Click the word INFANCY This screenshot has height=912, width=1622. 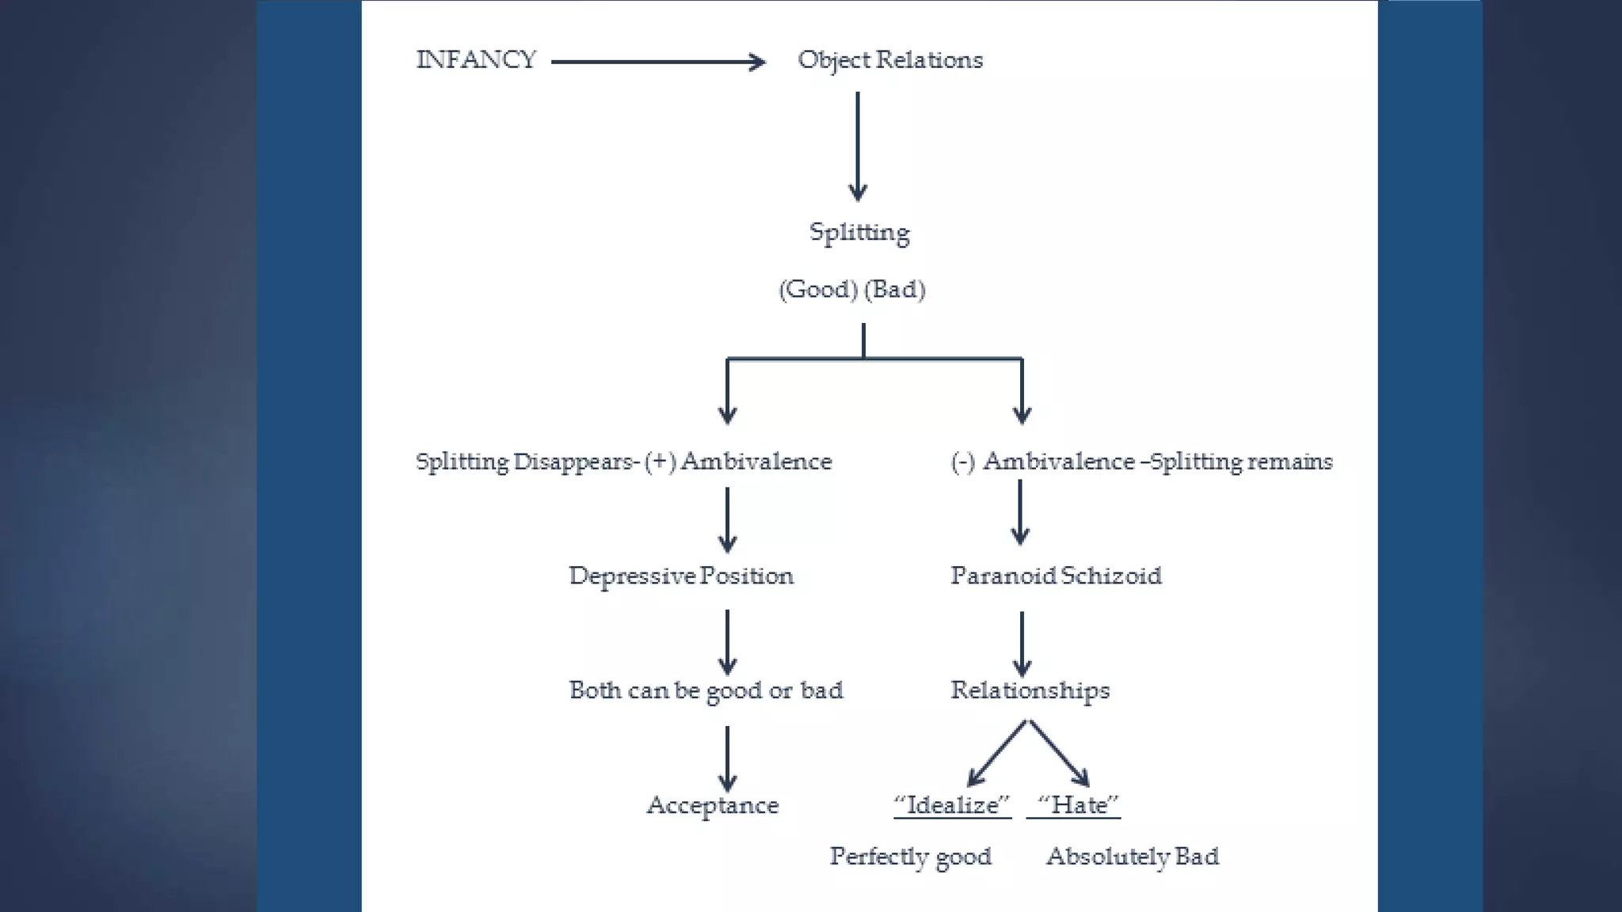pyautogui.click(x=476, y=60)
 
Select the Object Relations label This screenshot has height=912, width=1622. pyautogui.click(x=889, y=60)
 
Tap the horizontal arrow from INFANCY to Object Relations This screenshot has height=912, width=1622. pyautogui.click(x=657, y=62)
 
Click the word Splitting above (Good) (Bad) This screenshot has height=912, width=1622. pyautogui.click(x=859, y=232)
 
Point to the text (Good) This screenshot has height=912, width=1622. pyautogui.click(x=818, y=289)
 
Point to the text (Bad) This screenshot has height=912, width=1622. pyautogui.click(x=895, y=289)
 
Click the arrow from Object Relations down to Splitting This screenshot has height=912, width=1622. pyautogui.click(x=858, y=146)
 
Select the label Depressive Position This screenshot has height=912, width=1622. pyautogui.click(x=680, y=576)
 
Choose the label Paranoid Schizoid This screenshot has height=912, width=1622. pyautogui.click(x=1056, y=576)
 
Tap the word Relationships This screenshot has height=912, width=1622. pyautogui.click(x=1030, y=690)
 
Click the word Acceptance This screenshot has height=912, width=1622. pyautogui.click(x=712, y=805)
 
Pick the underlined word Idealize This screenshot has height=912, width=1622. pyautogui.click(x=952, y=805)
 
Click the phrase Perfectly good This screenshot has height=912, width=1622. pyautogui.click(x=910, y=857)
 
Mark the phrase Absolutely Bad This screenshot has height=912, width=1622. pyautogui.click(x=1133, y=857)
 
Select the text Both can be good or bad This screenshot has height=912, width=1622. pyautogui.click(x=706, y=690)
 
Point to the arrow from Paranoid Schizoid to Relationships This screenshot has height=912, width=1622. pyautogui.click(x=1022, y=643)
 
